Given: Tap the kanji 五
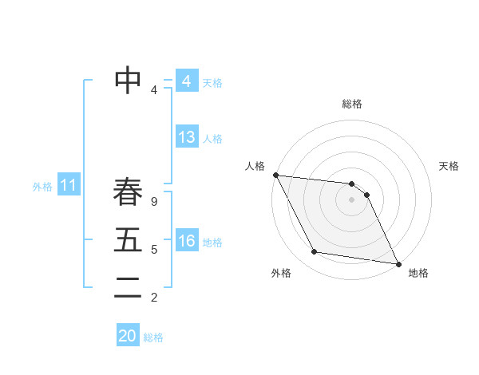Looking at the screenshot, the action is tap(128, 241).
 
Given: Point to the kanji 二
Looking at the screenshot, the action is tap(128, 289).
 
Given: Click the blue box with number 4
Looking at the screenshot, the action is tap(186, 81).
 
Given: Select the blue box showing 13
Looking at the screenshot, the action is tap(186, 137).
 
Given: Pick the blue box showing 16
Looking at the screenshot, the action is tap(186, 241).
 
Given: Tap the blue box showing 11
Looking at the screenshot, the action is tap(68, 186).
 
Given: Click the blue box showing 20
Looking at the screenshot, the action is tap(128, 336).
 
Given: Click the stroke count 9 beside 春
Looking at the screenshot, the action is tap(154, 202).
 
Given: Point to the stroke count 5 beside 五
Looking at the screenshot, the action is tap(154, 250).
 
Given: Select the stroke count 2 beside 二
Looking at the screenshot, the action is tap(154, 298).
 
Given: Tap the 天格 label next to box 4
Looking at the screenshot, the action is tap(212, 82).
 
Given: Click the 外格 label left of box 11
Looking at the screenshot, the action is tap(42, 187).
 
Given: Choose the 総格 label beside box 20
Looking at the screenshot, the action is tap(153, 337).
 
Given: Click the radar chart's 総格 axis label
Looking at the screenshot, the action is tap(352, 104).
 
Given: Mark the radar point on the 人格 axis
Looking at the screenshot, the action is tap(275, 175).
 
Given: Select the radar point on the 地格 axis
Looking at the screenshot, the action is tap(398, 263).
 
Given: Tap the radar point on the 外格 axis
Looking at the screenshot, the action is tap(315, 252).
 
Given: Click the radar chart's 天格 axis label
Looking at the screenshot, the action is tap(449, 166).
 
